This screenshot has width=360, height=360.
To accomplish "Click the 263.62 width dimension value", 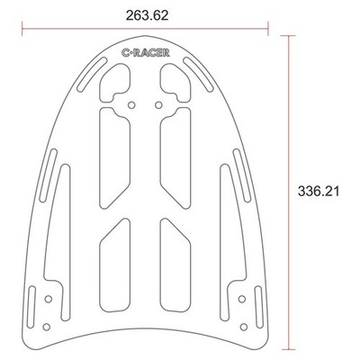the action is pyautogui.click(x=147, y=15).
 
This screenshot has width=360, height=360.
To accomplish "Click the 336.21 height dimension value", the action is pyautogui.click(x=319, y=191).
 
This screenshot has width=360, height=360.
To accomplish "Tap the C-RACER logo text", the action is pyautogui.click(x=146, y=53).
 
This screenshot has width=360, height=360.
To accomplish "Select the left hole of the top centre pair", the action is pyautogui.click(x=131, y=105).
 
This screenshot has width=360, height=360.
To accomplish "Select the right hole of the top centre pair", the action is pyautogui.click(x=158, y=105).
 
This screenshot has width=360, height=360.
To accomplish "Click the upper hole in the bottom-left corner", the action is pyautogui.click(x=48, y=299).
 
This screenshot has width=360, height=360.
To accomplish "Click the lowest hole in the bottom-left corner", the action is pyautogui.click(x=46, y=327).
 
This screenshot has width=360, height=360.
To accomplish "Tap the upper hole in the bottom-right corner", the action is pyautogui.click(x=242, y=299).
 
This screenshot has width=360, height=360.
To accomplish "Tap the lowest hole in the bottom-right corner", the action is pyautogui.click(x=244, y=327).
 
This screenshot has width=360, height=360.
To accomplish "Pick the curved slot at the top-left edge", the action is pyautogui.click(x=92, y=74).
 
